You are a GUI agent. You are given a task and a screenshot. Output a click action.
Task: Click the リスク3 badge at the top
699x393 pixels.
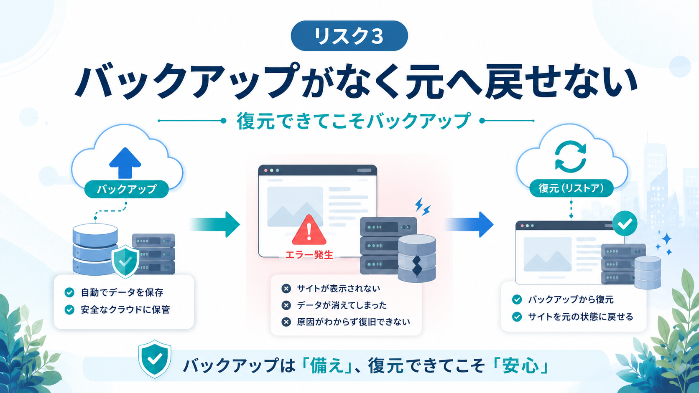349,36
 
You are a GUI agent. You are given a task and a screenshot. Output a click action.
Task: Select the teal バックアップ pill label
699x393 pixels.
126,189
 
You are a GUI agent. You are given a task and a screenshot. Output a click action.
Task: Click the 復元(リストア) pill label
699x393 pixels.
571,188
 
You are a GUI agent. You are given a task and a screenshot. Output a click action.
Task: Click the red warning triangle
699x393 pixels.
309,230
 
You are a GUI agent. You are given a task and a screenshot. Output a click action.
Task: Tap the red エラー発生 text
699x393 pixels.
309,255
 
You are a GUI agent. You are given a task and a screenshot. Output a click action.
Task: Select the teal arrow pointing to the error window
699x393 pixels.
215,224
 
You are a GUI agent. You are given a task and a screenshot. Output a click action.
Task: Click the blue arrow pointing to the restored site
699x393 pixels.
469,224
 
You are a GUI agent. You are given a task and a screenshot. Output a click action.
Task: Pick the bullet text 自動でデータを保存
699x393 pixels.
122,292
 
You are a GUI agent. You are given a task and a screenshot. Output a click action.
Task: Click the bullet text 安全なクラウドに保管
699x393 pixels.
125,309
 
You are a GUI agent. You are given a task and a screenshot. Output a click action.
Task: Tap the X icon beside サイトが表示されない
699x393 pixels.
286,289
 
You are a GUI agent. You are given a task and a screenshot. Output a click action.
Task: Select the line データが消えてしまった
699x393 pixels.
342,305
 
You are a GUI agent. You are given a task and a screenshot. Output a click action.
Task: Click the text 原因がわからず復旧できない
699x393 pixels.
353,322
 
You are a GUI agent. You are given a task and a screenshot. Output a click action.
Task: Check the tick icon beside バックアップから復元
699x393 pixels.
517,299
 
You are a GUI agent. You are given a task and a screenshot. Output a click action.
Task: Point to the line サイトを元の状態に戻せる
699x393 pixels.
581,317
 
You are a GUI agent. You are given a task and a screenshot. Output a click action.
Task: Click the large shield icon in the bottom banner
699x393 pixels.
154,359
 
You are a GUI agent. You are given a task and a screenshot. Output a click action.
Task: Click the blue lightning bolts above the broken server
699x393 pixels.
423,207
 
